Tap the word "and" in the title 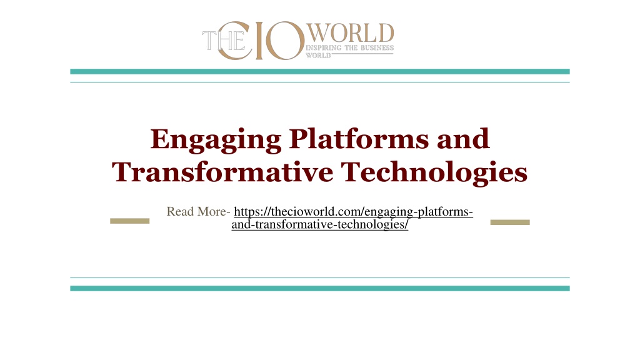coord(463,139)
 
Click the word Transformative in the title coord(222,171)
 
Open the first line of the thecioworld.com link coord(353,212)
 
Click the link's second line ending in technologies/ coord(320,224)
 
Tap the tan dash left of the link coord(129,221)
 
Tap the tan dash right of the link coord(510,222)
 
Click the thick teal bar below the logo coord(320,71)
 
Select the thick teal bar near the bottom coord(320,288)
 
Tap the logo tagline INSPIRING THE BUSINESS coord(350,47)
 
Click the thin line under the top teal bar coord(320,82)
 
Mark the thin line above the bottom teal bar coord(320,277)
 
